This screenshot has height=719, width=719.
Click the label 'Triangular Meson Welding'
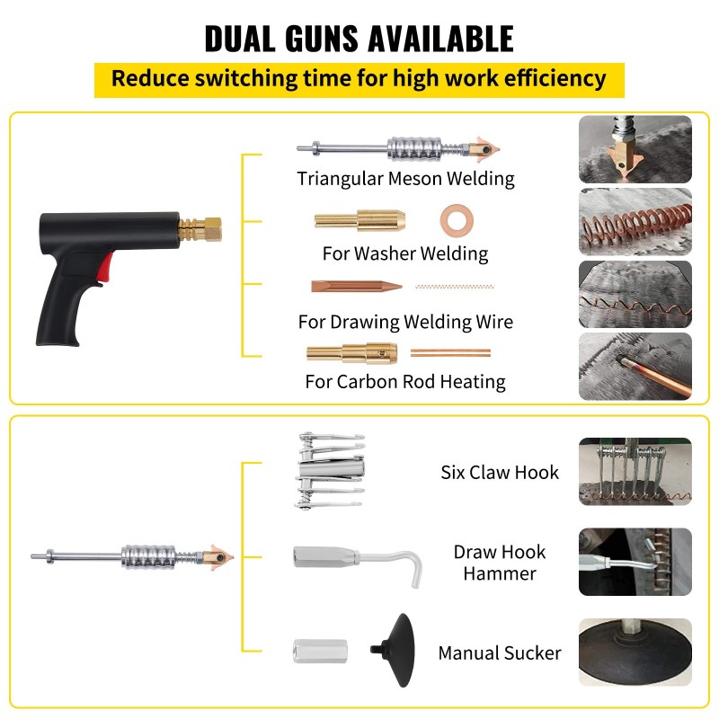click(x=405, y=178)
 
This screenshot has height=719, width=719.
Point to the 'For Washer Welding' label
click(x=405, y=253)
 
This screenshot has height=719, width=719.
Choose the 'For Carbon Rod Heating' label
click(x=405, y=382)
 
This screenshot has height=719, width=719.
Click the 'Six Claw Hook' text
click(x=500, y=472)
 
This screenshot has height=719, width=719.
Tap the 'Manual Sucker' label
click(x=500, y=653)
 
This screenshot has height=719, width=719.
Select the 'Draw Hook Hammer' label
click(x=500, y=562)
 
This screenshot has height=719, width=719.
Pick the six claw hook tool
click(x=331, y=471)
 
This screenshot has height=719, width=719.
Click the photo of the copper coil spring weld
click(x=635, y=222)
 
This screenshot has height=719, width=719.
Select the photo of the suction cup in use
click(x=635, y=652)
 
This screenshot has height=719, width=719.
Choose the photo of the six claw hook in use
click(x=635, y=472)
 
